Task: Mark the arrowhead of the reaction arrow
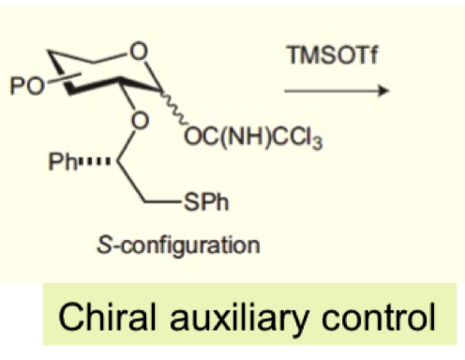coord(382,91)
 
